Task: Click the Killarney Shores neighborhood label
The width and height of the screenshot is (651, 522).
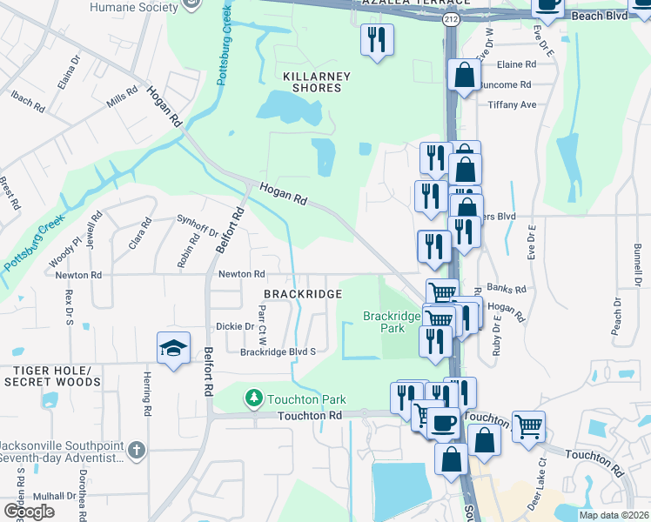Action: (x=317, y=82)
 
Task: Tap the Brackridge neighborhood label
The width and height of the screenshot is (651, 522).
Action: (x=297, y=295)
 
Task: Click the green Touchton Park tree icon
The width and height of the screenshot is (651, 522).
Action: (x=253, y=398)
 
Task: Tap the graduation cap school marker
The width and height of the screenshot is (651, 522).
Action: (x=174, y=349)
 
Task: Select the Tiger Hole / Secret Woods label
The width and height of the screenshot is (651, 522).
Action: (x=52, y=377)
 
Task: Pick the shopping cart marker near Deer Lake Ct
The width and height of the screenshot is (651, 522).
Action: (x=528, y=426)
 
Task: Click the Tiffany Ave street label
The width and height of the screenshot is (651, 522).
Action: (x=512, y=104)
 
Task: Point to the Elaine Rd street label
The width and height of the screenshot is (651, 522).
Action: (x=516, y=64)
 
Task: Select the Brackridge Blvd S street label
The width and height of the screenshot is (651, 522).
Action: (x=278, y=352)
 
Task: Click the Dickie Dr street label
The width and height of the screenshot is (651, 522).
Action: (x=235, y=327)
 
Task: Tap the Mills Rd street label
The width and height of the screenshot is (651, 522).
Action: (x=122, y=97)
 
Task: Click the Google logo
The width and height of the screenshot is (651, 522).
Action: (x=29, y=512)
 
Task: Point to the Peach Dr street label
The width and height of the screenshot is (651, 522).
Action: (x=617, y=316)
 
